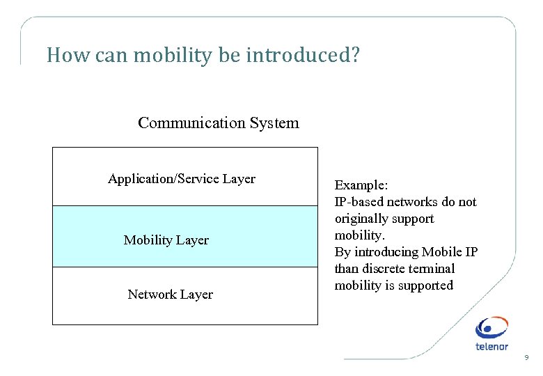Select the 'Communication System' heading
pyautogui.click(x=218, y=123)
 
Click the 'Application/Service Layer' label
pyautogui.click(x=181, y=179)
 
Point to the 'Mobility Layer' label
pyautogui.click(x=166, y=240)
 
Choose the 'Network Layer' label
pyautogui.click(x=170, y=295)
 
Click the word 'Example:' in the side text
pyautogui.click(x=361, y=185)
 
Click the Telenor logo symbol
pyautogui.click(x=491, y=328)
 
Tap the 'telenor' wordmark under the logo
pyautogui.click(x=491, y=346)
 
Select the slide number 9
pyautogui.click(x=526, y=358)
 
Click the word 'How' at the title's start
pyautogui.click(x=61, y=56)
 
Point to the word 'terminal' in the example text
pyautogui.click(x=433, y=269)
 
